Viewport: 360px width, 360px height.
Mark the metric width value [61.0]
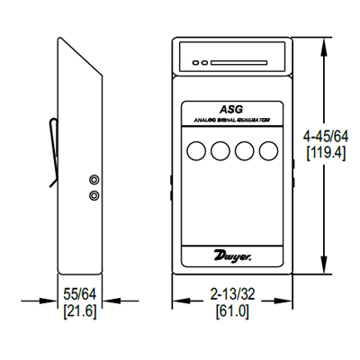[x=232, y=311]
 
